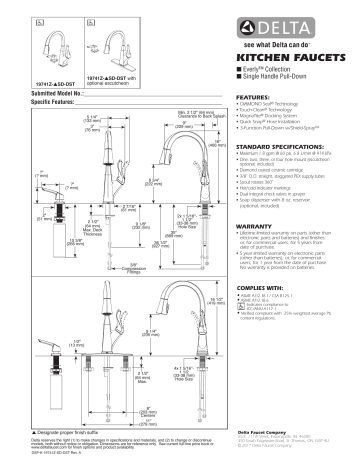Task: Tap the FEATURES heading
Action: pyautogui.click(x=251, y=98)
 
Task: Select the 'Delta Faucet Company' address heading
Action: pyautogui.click(x=270, y=431)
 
